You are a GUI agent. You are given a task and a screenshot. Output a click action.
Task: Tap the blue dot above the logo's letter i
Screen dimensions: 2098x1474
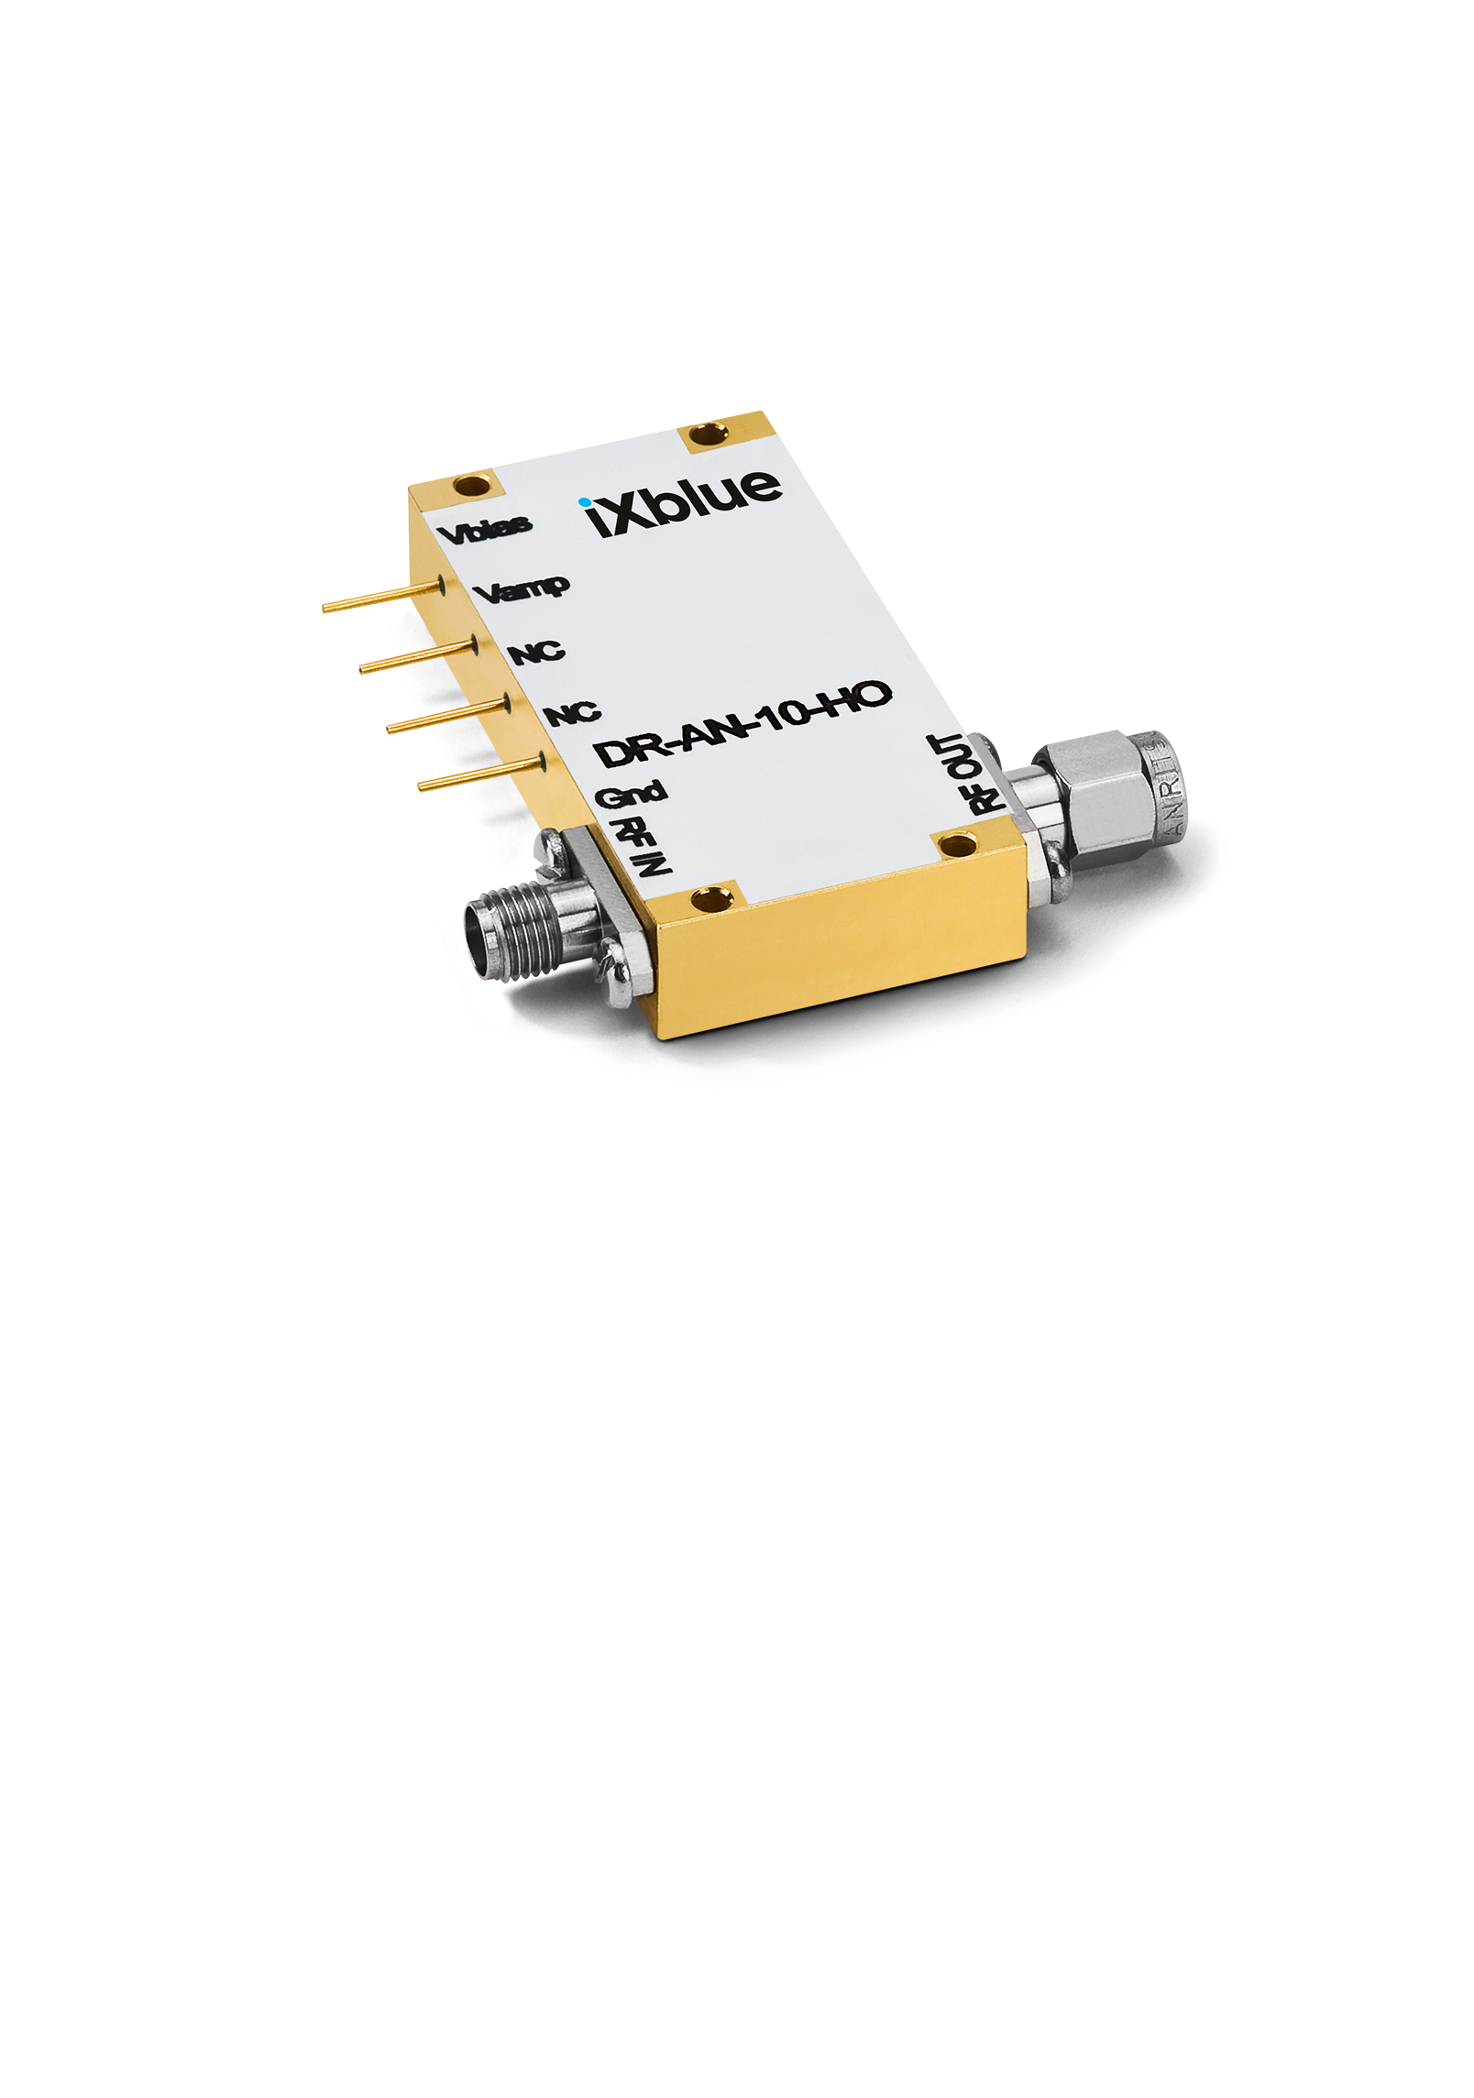pos(585,501)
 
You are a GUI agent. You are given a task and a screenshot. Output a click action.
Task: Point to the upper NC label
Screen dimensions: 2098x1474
pos(537,653)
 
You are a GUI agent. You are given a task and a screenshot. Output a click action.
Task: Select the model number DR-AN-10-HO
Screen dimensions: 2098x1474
pos(742,728)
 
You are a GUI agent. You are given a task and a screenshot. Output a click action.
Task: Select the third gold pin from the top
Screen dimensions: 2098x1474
pos(449,714)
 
